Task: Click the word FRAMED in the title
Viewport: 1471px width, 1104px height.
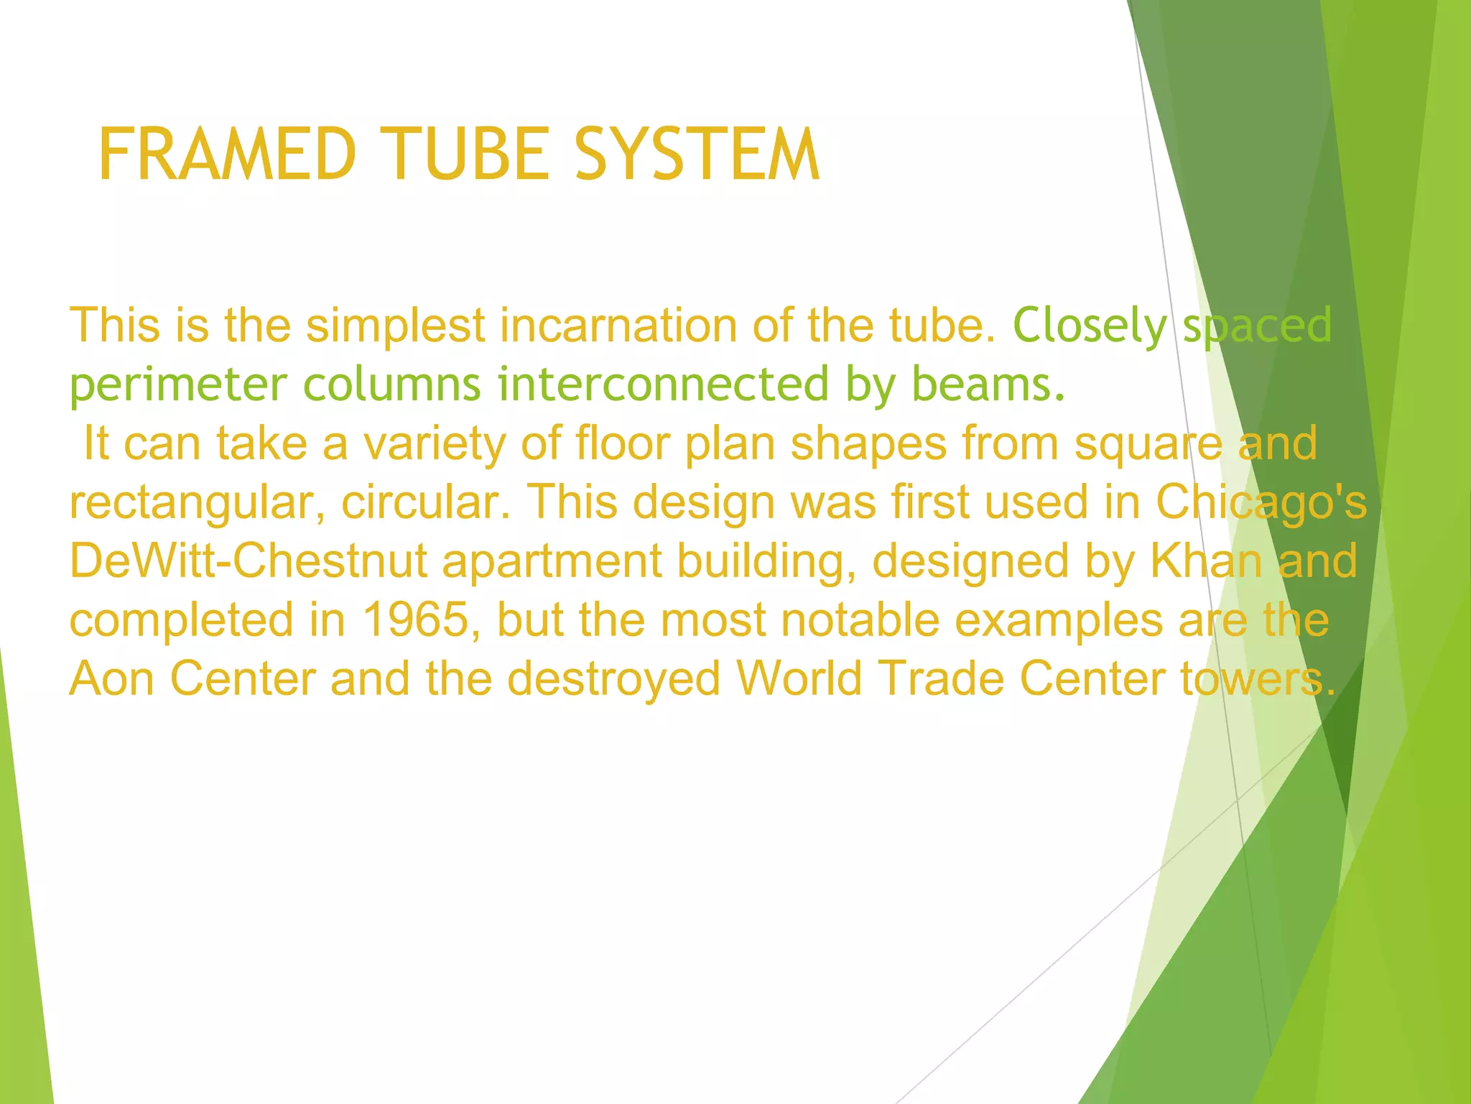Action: (x=227, y=154)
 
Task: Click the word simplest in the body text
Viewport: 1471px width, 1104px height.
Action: (x=396, y=325)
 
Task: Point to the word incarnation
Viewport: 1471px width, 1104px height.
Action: (x=618, y=325)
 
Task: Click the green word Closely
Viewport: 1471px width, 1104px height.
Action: (x=1090, y=325)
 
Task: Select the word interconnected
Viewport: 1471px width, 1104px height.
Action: (x=663, y=385)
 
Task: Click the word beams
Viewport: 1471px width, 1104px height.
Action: (x=988, y=385)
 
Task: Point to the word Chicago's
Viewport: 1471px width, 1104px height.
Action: (x=1261, y=502)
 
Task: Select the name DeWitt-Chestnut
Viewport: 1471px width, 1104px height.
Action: (x=249, y=561)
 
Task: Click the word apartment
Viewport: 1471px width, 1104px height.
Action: (x=552, y=561)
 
